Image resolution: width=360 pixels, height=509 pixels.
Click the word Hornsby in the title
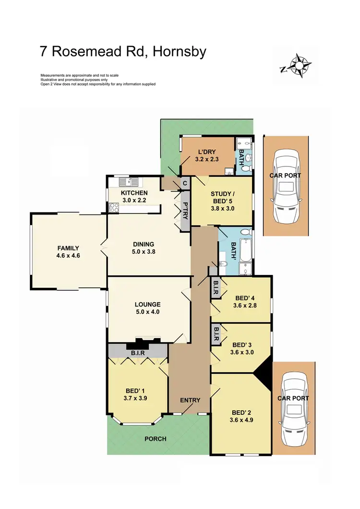pos(179,51)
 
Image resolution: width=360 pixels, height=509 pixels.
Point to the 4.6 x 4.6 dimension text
pos(68,256)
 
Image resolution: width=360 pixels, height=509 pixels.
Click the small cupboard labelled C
pos(184,183)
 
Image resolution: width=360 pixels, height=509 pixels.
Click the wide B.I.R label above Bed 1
pos(137,353)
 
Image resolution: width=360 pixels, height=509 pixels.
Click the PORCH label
pos(155,438)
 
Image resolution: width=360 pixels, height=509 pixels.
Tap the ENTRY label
pos(190,400)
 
